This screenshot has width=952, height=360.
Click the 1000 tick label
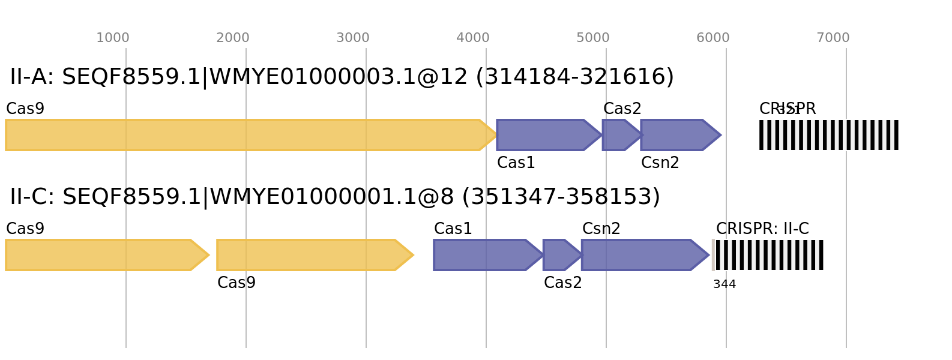tap(113, 38)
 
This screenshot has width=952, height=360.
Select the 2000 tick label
tap(233, 38)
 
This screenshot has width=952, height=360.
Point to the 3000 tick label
tap(353, 38)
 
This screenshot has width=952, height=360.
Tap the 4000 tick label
tap(473, 38)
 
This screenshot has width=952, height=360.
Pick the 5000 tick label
tap(593, 38)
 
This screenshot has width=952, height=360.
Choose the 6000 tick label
tap(713, 38)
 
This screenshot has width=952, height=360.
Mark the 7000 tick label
tap(833, 38)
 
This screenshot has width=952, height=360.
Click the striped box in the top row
tap(829, 135)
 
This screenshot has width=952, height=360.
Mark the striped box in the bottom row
tap(768, 255)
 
